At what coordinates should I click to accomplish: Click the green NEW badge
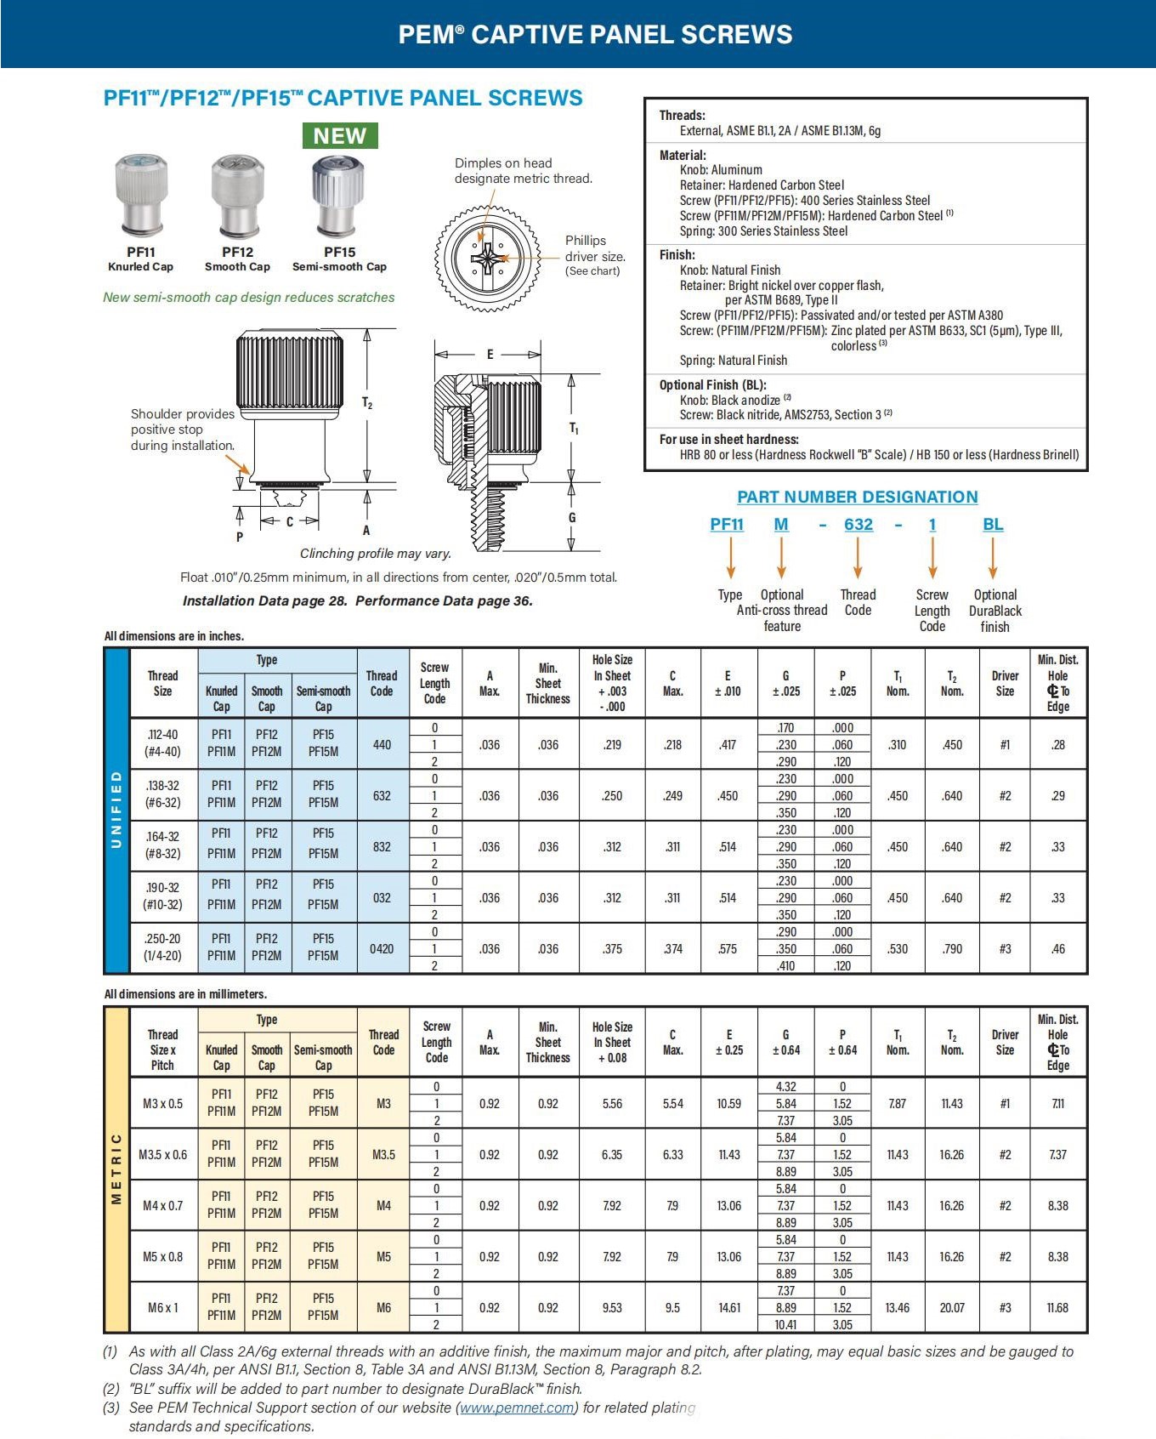point(340,136)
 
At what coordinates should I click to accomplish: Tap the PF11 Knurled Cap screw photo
point(141,195)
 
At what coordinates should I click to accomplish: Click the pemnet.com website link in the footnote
point(517,1408)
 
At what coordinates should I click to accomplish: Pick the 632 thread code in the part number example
point(858,525)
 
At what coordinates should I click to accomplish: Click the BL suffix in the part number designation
point(993,525)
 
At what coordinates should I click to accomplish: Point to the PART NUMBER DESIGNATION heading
point(857,497)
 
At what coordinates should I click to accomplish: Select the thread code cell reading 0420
point(382,948)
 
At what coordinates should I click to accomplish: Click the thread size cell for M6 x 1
point(162,1307)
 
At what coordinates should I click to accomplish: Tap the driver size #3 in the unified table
point(1005,948)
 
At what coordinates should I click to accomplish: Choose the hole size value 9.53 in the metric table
point(612,1307)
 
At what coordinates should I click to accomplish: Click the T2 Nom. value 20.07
point(952,1307)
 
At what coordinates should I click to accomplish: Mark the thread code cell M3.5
point(383,1154)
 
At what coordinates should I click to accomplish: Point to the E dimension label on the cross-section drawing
point(490,355)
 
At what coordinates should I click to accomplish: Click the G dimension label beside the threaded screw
point(572,517)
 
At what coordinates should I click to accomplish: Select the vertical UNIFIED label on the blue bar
point(116,810)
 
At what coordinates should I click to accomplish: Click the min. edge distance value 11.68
point(1057,1307)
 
